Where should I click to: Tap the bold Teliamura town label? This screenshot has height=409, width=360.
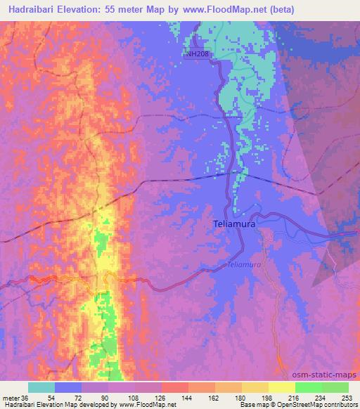coord(233,224)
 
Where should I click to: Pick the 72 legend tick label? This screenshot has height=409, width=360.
coord(82,397)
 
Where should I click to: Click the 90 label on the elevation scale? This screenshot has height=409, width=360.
coord(109,397)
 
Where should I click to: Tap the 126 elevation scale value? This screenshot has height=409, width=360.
coord(162,397)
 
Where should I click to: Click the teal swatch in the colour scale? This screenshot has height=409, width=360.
coord(41,387)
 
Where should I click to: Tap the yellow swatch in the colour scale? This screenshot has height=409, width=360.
coord(282,387)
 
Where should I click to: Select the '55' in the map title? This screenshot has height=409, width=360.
coord(129,10)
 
